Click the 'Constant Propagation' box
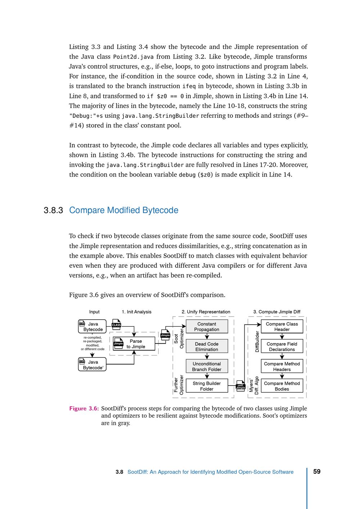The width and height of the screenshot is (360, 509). click(x=207, y=326)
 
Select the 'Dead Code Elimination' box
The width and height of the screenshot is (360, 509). click(x=207, y=346)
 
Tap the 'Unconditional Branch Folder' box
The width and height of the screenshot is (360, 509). click(x=207, y=366)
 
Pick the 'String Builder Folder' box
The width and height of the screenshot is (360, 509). click(x=207, y=386)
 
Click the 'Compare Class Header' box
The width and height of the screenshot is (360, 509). click(x=282, y=326)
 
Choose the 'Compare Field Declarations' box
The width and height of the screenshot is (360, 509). click(x=282, y=346)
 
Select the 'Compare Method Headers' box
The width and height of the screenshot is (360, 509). click(x=282, y=366)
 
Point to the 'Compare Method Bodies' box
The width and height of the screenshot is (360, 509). click(x=282, y=386)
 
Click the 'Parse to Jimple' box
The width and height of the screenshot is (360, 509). click(x=134, y=344)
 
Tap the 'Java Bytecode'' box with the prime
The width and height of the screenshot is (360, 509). click(x=92, y=365)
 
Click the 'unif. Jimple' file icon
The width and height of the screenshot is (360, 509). click(x=240, y=386)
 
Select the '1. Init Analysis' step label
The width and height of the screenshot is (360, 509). click(x=136, y=312)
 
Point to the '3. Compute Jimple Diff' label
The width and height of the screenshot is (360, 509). click(x=277, y=312)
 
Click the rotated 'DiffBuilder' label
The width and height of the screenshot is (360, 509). click(x=257, y=341)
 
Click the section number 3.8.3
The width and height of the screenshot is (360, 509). click(x=53, y=210)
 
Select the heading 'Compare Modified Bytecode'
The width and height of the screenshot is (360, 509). click(x=123, y=210)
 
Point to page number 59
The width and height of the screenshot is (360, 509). click(x=317, y=472)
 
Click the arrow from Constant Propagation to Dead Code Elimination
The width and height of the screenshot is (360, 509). click(x=207, y=336)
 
